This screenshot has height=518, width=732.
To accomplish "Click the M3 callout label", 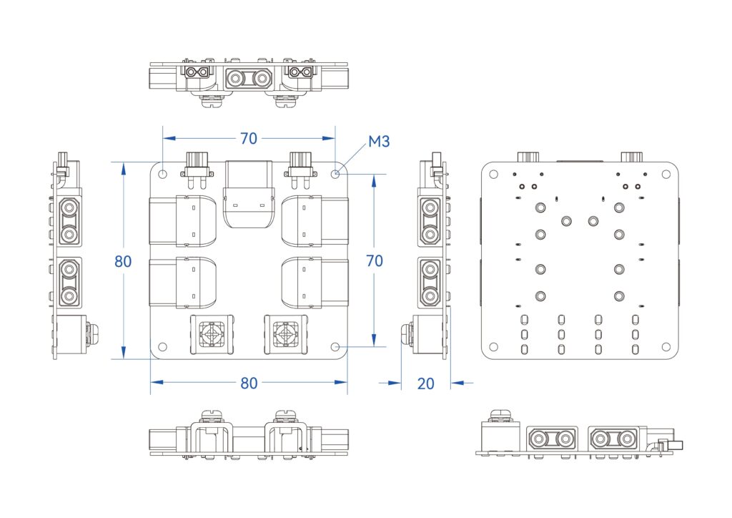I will click(x=379, y=142).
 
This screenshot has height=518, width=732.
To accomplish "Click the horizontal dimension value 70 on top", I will click(x=248, y=138).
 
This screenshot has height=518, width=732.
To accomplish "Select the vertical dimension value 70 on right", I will click(x=374, y=261).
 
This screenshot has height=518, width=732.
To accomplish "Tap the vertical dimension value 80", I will click(x=123, y=261).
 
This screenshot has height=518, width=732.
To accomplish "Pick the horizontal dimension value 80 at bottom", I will click(x=248, y=383).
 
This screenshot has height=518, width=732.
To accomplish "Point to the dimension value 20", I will click(x=425, y=383).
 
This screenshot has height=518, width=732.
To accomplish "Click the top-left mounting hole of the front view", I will click(x=163, y=173).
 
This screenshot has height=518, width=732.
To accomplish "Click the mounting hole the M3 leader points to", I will click(x=336, y=173).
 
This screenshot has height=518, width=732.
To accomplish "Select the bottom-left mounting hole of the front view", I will click(x=163, y=346).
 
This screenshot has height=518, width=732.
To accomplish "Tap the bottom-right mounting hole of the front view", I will click(x=336, y=346).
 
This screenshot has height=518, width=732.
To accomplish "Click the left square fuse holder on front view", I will click(x=212, y=334).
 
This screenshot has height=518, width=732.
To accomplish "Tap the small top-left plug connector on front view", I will click(x=198, y=166).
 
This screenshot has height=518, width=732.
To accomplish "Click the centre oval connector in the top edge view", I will click(x=249, y=78).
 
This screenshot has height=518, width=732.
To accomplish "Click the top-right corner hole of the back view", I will click(x=666, y=173).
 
